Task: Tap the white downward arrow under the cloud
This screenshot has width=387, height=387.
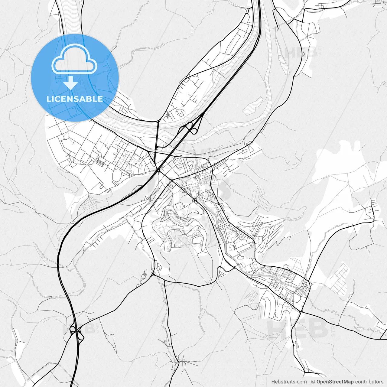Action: pos(71,83)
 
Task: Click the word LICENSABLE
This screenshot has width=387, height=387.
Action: pos(75,99)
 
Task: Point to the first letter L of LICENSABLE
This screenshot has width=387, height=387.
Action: pos(48,99)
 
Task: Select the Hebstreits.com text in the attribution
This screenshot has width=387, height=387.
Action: pos(288,382)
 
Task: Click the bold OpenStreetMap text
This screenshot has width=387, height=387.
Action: pos(335,382)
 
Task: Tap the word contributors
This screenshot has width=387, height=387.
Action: pos(369,382)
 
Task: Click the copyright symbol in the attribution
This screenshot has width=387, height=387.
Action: pos(313,382)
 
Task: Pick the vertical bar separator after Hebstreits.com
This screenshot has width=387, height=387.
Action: pos(309,382)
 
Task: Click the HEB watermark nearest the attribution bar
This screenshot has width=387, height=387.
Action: pos(298,329)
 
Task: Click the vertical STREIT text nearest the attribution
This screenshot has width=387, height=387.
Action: pos(333,327)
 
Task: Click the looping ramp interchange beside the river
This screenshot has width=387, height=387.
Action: pos(190,127)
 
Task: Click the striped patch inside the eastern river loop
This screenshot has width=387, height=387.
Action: pos(253,104)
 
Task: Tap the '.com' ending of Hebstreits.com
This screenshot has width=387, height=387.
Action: pos(301,382)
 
